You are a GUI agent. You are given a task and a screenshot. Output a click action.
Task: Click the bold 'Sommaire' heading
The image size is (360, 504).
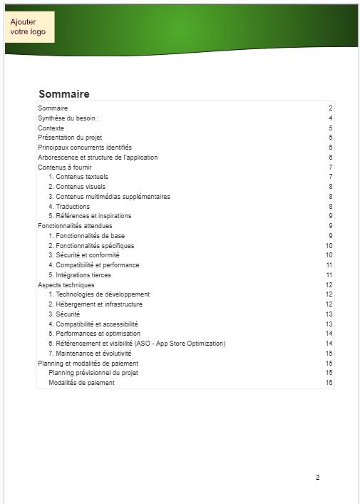click(x=63, y=94)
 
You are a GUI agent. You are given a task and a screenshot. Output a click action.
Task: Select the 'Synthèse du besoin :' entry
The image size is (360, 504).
click(x=68, y=118)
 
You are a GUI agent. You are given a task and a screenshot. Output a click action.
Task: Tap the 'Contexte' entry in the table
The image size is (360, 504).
click(x=51, y=128)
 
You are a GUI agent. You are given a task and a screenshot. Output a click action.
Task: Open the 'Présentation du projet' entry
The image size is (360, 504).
click(x=70, y=138)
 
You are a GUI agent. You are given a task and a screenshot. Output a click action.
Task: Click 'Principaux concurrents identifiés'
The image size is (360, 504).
click(x=85, y=148)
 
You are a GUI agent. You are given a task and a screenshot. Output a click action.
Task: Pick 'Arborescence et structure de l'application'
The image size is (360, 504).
click(x=98, y=158)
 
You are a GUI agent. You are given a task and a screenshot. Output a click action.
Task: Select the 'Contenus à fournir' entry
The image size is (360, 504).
click(x=65, y=167)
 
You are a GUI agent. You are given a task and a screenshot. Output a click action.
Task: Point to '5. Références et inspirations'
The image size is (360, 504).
click(x=90, y=216)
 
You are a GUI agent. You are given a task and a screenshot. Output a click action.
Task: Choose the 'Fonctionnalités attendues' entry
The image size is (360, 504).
click(x=75, y=226)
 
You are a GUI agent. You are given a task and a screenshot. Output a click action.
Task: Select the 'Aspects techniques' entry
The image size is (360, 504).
click(x=66, y=284)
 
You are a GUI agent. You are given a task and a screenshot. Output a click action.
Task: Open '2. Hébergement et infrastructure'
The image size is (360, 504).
click(x=96, y=304)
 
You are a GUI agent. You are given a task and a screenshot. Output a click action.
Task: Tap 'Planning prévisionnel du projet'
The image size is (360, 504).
click(x=93, y=373)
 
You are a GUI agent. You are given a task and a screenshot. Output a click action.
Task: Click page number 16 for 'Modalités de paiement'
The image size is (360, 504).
click(x=329, y=383)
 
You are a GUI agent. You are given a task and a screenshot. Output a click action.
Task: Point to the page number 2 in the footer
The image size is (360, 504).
click(x=318, y=478)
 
